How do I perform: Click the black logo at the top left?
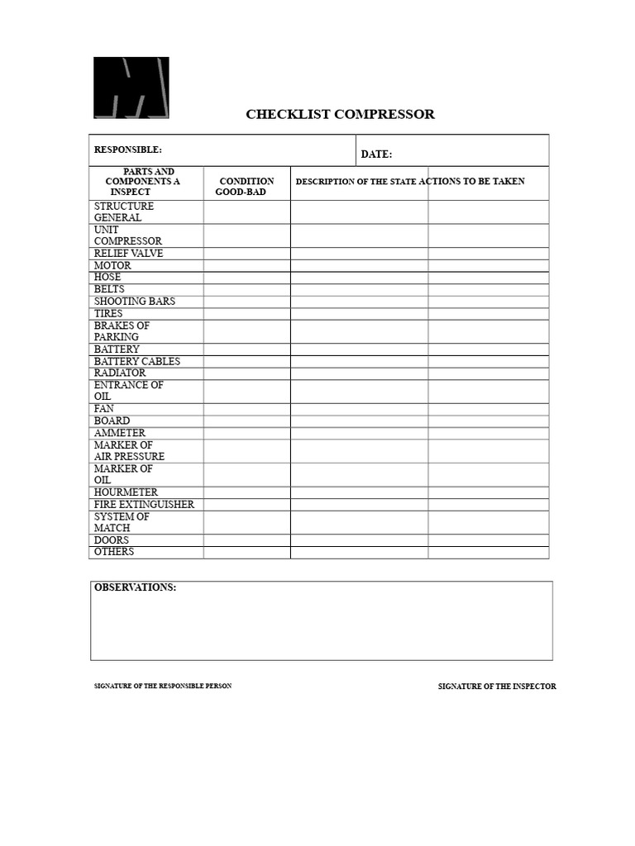coord(131,88)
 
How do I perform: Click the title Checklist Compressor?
coord(340,114)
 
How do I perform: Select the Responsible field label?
coord(128,150)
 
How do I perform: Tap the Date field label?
coord(376,154)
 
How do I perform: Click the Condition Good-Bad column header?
coord(246,187)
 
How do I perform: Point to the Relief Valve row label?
coord(128,254)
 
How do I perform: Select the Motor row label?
coord(112,266)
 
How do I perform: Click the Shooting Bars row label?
coord(135,302)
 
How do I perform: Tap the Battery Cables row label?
coord(136,361)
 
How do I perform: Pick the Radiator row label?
coord(119,373)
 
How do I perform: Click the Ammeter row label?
coord(119,433)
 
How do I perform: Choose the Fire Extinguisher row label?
coord(144,504)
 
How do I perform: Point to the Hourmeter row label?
coord(126,492)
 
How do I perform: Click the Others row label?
coord(114,552)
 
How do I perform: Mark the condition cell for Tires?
coord(246,314)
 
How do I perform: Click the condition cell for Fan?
coord(246,409)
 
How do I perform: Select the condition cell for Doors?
coord(246,540)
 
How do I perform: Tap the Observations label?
coord(135,587)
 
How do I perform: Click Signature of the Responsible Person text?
coord(163,687)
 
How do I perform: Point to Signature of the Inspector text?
coord(497,687)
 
